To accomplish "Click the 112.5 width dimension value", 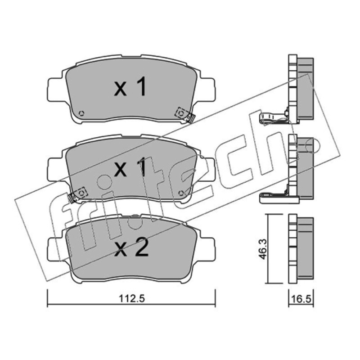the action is [x=132, y=299].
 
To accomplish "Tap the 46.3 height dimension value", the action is [x=263, y=249].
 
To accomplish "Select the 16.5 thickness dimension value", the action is [x=301, y=299].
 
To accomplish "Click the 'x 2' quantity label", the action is [x=131, y=249].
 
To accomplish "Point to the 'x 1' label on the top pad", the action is [x=130, y=86].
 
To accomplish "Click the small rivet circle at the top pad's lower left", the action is [x=81, y=113].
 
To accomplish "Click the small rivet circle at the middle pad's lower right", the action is [x=181, y=193].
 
